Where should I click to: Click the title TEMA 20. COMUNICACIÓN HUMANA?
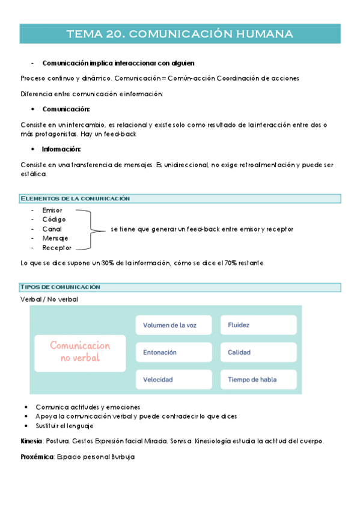pyautogui.click(x=180, y=34)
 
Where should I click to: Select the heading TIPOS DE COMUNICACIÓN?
pyautogui.click(x=61, y=287)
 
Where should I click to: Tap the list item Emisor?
pyautogui.click(x=52, y=210)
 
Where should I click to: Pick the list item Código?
pyautogui.click(x=54, y=220)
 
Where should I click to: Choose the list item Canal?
pyautogui.click(x=52, y=229)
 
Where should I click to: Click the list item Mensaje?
pyautogui.click(x=55, y=238)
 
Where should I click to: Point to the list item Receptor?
pyautogui.click(x=56, y=248)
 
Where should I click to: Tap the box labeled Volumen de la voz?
pyautogui.click(x=174, y=325)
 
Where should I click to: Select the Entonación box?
pyautogui.click(x=174, y=352)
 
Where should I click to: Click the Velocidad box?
pyautogui.click(x=174, y=379)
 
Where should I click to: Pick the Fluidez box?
pyautogui.click(x=258, y=325)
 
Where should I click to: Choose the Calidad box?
pyautogui.click(x=258, y=352)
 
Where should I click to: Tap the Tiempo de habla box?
pyautogui.click(x=258, y=379)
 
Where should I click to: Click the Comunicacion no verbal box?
pyautogui.click(x=80, y=352)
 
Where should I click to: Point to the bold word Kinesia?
pyautogui.click(x=31, y=441)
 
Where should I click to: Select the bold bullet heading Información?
pyautogui.click(x=61, y=149)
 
